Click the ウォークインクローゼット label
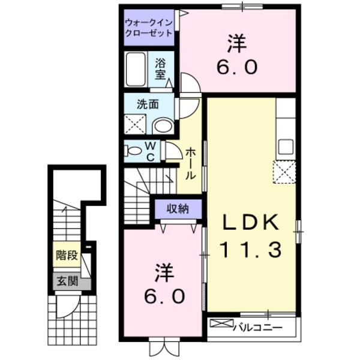149,28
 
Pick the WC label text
151,151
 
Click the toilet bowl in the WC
134,151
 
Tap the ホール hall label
190,163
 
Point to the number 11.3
251,249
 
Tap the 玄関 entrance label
67,281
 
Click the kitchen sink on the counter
286,146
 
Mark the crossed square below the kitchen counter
284,172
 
